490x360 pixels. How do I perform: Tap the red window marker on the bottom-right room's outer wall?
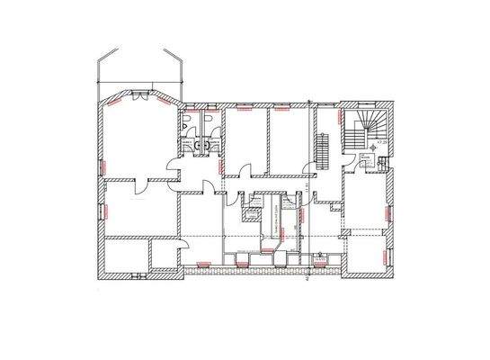click(x=390, y=256)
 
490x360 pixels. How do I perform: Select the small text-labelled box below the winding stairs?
click(x=368, y=161)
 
